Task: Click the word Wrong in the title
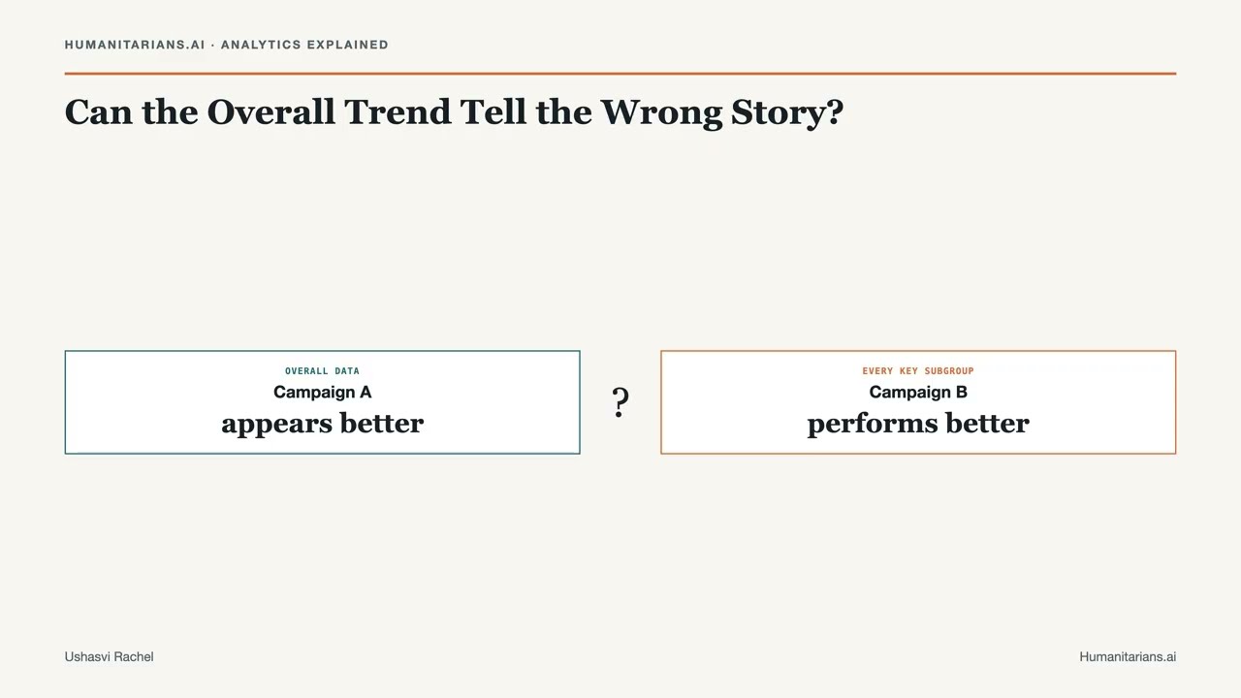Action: [661, 112]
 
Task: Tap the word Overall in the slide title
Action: [270, 111]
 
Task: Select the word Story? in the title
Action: [787, 113]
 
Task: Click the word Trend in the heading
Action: [398, 111]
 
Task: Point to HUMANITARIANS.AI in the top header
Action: [135, 45]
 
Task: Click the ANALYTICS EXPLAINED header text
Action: [304, 45]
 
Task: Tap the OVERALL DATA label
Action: [323, 371]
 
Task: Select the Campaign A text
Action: [323, 393]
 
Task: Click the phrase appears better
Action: [323, 424]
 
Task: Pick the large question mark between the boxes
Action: [620, 402]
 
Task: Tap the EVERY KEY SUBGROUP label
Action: [918, 371]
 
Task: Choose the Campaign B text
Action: [918, 393]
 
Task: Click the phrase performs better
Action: [918, 424]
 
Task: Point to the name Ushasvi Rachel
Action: [110, 657]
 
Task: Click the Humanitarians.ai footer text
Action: [1128, 657]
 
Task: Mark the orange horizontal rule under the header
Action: [620, 73]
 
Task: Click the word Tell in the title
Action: [493, 111]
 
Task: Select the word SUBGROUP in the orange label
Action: [949, 371]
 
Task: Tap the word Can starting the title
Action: [99, 111]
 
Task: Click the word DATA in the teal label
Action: [347, 371]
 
